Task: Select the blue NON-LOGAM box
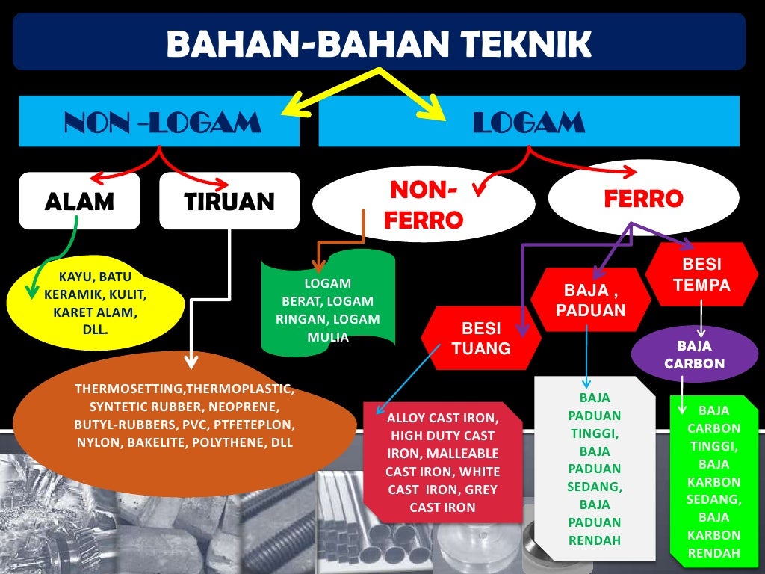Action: (x=159, y=122)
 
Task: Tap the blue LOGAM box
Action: (x=528, y=122)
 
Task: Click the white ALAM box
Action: (x=79, y=200)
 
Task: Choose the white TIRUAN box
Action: (x=229, y=200)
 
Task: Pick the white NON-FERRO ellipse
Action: (x=423, y=204)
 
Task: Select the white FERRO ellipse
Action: (x=643, y=198)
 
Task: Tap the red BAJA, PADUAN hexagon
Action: (x=590, y=299)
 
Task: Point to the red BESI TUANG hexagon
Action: (x=480, y=338)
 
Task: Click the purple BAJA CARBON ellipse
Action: (x=695, y=354)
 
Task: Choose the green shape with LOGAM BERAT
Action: (x=327, y=309)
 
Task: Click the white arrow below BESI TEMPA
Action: (x=701, y=318)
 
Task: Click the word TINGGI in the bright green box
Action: (x=713, y=446)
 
